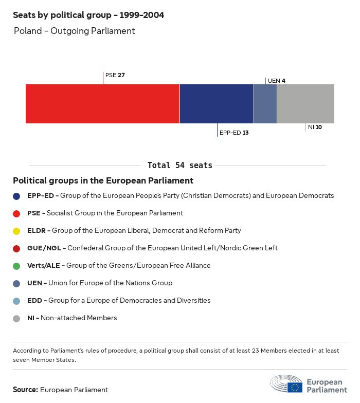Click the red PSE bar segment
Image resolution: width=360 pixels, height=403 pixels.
[102, 104]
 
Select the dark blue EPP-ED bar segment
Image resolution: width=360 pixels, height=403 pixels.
[217, 104]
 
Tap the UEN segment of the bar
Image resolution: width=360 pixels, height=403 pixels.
[265, 104]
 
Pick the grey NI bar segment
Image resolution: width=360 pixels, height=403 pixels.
[305, 104]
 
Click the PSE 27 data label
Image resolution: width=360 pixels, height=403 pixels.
[115, 75]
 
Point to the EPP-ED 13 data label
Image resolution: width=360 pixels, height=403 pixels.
[234, 133]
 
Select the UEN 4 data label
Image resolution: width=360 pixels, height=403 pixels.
[277, 81]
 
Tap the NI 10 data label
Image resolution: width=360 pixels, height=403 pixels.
[315, 127]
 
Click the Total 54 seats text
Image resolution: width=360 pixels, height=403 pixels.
[179, 165]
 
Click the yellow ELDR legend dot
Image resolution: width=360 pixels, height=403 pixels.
[17, 231]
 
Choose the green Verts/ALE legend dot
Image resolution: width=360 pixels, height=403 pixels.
[17, 266]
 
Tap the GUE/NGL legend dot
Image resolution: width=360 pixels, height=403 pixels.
[17, 248]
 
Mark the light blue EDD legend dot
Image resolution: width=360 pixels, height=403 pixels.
[17, 301]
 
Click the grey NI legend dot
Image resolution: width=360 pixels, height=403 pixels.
[17, 318]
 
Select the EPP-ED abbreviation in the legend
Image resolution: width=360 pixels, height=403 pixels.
[41, 196]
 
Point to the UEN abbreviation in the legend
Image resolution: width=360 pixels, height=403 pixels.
[34, 283]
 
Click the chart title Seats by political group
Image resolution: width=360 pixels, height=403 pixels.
[88, 15]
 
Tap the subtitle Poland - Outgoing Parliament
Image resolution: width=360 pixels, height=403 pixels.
[74, 31]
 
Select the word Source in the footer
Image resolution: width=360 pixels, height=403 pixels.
[25, 390]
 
